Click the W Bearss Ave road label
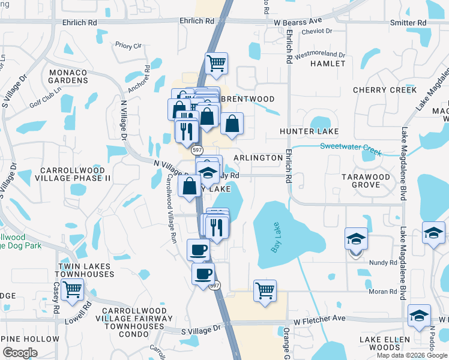[298, 21]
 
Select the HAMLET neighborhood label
[328, 63]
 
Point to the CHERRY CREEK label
[385, 90]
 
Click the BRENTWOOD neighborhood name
[248, 99]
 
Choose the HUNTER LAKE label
[309, 131]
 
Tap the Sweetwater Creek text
[351, 147]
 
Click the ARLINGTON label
[258, 158]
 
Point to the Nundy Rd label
[383, 262]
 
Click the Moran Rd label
[384, 292]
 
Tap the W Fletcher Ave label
[319, 319]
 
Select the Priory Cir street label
[128, 46]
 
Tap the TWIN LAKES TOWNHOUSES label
[86, 270]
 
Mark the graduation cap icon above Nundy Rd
[356, 239]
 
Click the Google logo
[20, 353]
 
